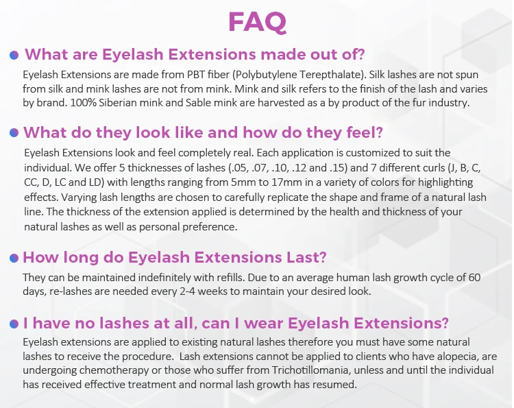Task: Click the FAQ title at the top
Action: pos(257,23)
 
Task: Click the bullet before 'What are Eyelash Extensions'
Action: pos(14,55)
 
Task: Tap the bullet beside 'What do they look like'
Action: pos(14,133)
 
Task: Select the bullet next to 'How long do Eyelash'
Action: pos(14,258)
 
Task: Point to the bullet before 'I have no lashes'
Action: pos(14,324)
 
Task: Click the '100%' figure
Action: pos(83,103)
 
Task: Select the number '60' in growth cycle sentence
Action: pos(474,278)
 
